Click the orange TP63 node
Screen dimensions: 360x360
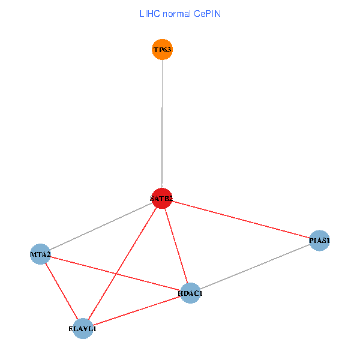(x=162, y=49)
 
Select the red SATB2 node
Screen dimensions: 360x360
(x=162, y=198)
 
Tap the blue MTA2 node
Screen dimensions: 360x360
(x=40, y=254)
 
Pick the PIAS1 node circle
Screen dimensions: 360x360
(x=319, y=241)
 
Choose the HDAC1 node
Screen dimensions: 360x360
(x=190, y=293)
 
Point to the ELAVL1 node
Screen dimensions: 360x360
(x=83, y=328)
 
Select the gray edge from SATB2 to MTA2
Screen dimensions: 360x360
(x=101, y=226)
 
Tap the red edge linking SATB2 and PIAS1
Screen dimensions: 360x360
(x=241, y=220)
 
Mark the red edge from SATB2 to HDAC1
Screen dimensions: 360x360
(x=176, y=245)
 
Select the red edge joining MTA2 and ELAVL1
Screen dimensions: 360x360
(x=61, y=291)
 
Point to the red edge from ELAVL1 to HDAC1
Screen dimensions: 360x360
(x=137, y=310)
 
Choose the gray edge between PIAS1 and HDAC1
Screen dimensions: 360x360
(x=255, y=267)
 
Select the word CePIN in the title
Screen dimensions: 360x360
(x=207, y=14)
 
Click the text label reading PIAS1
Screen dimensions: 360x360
(x=319, y=241)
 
